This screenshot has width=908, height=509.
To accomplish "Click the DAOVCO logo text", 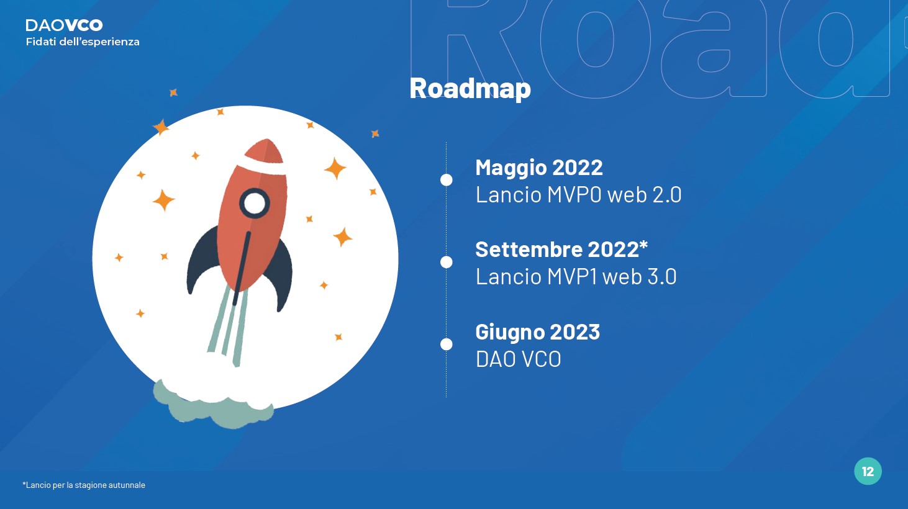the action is (x=64, y=25).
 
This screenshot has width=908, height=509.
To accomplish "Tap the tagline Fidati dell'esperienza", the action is (x=83, y=42).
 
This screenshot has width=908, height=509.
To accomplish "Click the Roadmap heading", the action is (x=470, y=89).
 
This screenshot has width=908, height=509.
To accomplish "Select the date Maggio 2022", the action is (x=538, y=168).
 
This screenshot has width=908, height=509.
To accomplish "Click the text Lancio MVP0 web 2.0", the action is (x=578, y=194).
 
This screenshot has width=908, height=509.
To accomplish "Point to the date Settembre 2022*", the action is (x=561, y=250).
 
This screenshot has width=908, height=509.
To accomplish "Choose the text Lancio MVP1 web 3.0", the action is (x=576, y=277).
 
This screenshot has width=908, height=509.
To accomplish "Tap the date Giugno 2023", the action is (x=537, y=332).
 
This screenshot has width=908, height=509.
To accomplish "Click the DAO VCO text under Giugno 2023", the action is (x=518, y=359).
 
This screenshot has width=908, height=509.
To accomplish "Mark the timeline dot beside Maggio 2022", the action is (x=447, y=180).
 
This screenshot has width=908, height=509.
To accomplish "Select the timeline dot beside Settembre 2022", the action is (x=447, y=262).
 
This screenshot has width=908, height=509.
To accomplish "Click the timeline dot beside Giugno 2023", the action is (x=447, y=344).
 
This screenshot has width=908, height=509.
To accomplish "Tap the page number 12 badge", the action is (x=868, y=471).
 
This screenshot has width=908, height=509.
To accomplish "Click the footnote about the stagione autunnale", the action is (x=84, y=485).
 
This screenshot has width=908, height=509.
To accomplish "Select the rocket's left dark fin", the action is (x=202, y=259).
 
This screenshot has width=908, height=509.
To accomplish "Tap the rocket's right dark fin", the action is (x=278, y=276).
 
